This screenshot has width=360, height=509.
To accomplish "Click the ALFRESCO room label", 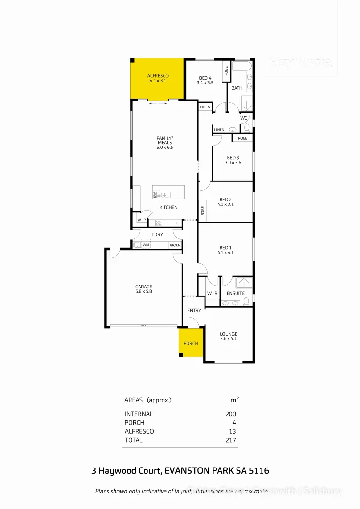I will click(158, 76).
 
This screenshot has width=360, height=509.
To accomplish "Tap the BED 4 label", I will click(205, 78).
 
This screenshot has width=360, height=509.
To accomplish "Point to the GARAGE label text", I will click(143, 287).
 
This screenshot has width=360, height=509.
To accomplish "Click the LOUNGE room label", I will click(228, 334).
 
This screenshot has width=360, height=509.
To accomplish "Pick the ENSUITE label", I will click(236, 293).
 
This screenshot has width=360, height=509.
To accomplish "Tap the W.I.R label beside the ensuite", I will click(212, 293).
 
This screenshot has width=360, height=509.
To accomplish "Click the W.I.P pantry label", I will click(141, 220).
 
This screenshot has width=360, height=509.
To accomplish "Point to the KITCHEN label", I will click(168, 207).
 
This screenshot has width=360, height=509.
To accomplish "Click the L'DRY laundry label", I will click(157, 234).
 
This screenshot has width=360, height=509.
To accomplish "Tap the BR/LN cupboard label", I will click(175, 246).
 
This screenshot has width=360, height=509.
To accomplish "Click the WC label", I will click(244, 118).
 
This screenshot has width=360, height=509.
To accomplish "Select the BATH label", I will click(237, 88).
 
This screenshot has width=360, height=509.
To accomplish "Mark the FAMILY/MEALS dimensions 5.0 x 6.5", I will click(165, 148).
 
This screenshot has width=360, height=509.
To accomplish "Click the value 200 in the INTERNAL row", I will click(230, 414).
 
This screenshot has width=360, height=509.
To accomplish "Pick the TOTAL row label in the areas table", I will click(133, 440).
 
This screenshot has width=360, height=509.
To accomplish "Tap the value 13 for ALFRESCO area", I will click(232, 431).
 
